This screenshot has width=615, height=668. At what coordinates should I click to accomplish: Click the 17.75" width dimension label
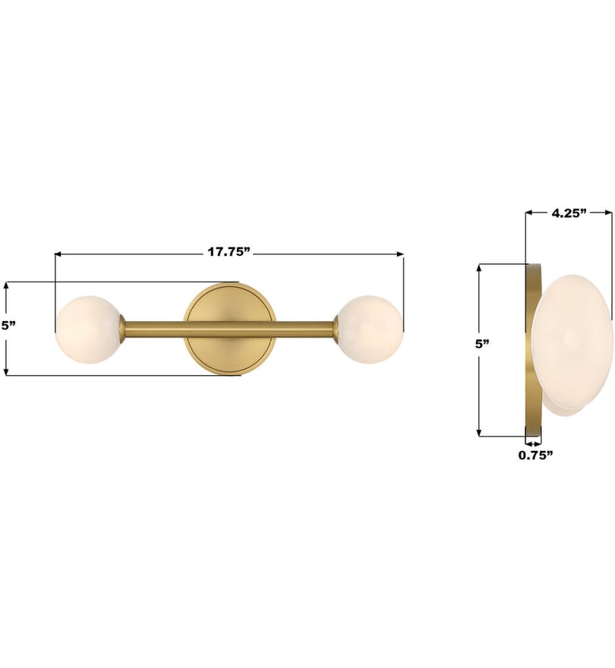[x=228, y=252]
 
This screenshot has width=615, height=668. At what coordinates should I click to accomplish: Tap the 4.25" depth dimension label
[x=569, y=213]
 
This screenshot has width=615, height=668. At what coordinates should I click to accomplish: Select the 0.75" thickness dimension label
[x=535, y=455]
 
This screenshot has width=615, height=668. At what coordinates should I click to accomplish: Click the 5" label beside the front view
[x=8, y=326]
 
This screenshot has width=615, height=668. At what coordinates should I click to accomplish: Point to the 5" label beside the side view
[x=482, y=344]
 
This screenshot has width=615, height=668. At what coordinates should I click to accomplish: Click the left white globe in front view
[x=88, y=329]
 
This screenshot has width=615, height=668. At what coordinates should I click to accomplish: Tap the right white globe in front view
[x=370, y=329]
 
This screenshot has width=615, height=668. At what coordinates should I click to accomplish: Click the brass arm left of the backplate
[x=153, y=329]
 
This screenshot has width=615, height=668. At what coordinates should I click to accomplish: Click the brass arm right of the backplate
[x=304, y=329]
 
